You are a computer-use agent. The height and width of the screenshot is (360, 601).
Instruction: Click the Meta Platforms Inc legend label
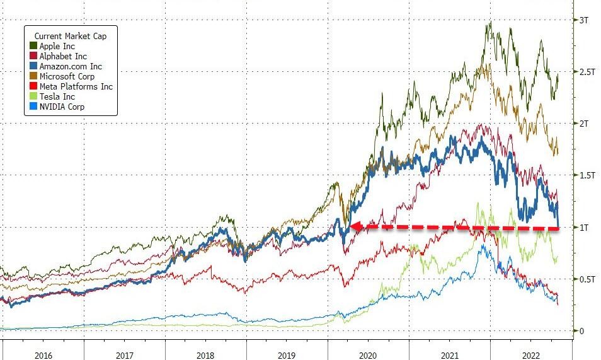(x=76, y=86)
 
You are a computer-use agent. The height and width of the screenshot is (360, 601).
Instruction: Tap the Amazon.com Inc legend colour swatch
(x=33, y=66)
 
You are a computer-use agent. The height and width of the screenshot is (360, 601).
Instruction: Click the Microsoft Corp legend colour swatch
(x=33, y=76)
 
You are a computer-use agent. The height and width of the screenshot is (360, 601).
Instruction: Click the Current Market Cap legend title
(x=69, y=36)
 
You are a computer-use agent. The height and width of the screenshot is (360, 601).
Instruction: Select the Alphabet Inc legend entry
(x=63, y=56)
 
